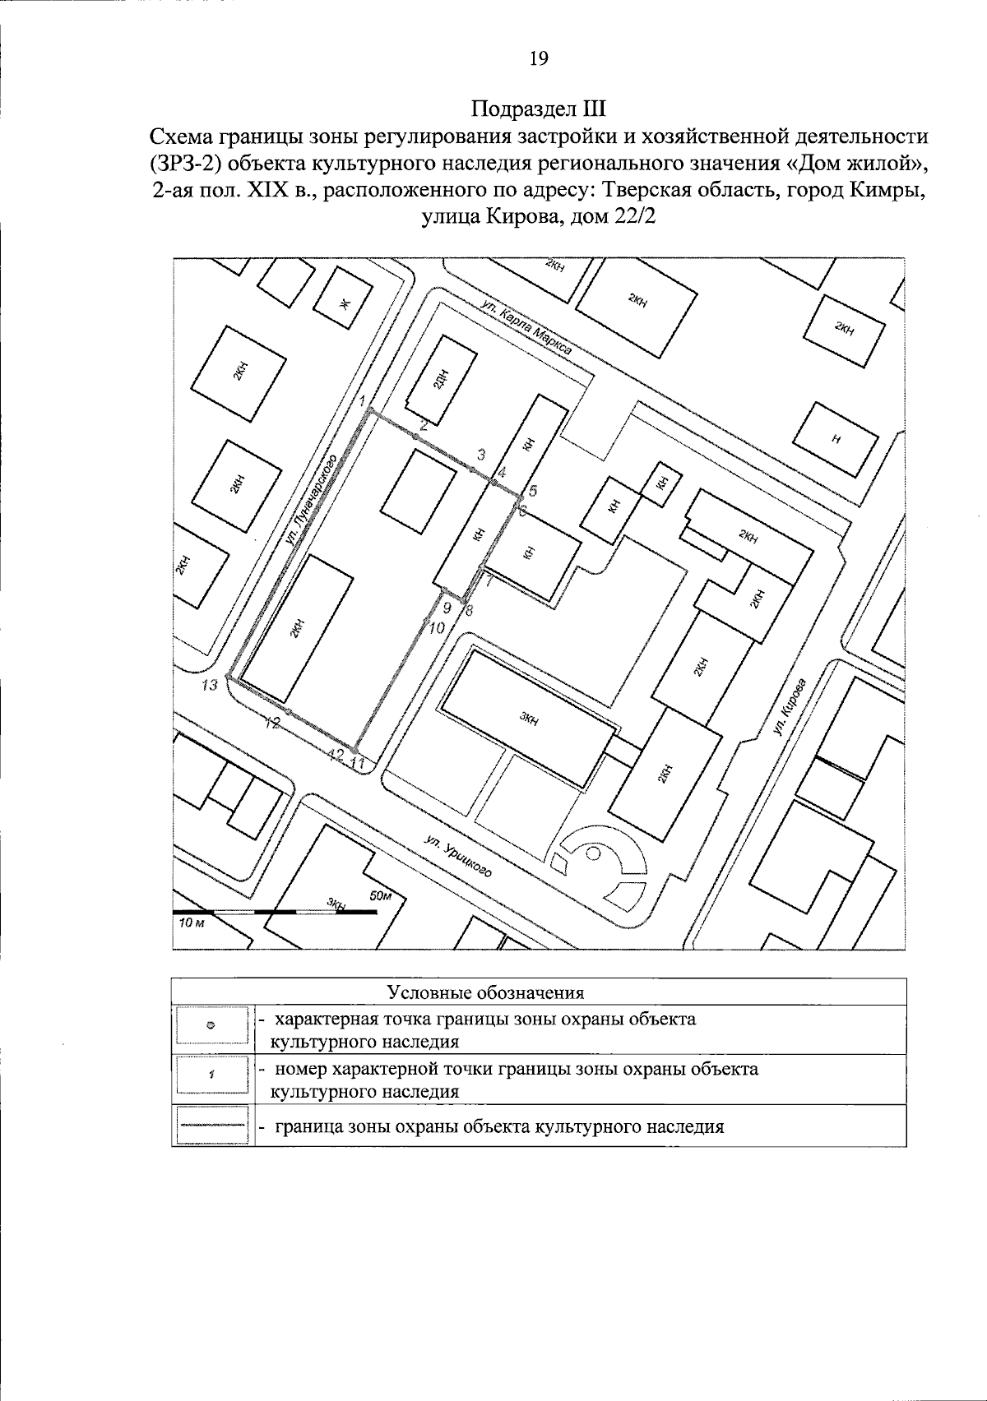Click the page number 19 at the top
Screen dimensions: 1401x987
(x=539, y=58)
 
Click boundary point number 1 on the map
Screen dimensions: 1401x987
(x=370, y=409)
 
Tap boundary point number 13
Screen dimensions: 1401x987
(x=229, y=678)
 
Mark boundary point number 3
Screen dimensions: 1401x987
(x=472, y=469)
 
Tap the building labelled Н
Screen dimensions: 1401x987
(x=836, y=438)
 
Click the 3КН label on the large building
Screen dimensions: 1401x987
(x=529, y=718)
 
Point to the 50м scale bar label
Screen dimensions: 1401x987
(x=381, y=896)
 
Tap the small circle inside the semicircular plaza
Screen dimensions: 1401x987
(x=593, y=853)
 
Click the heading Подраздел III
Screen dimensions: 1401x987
(x=539, y=109)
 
